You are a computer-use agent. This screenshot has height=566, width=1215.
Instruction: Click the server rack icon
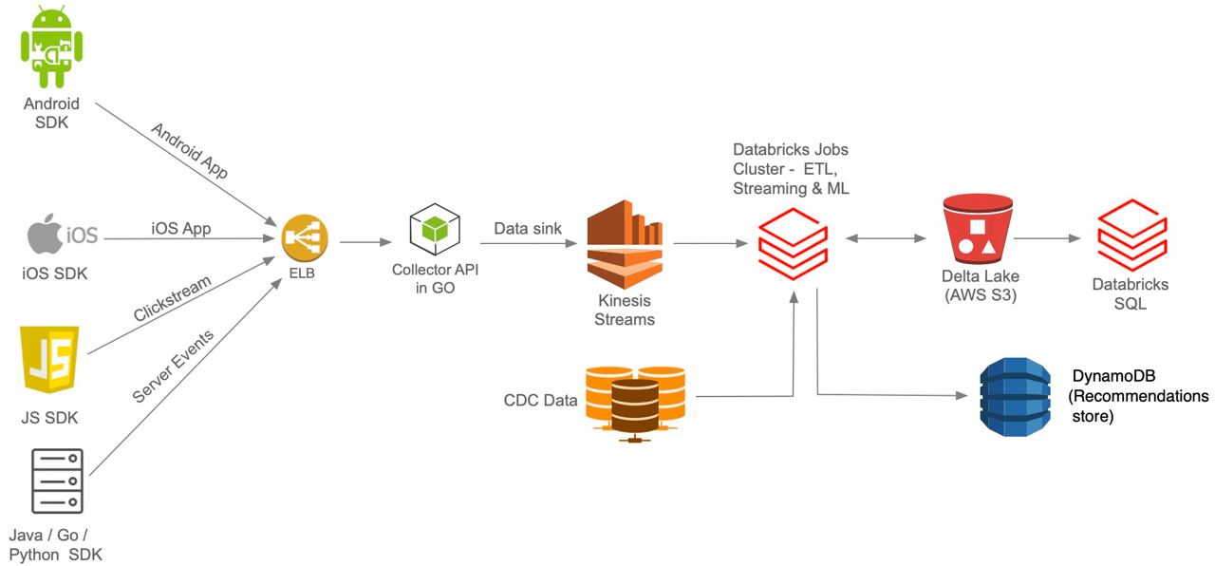click(x=58, y=481)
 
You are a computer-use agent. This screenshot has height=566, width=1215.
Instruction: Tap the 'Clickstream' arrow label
click(x=172, y=302)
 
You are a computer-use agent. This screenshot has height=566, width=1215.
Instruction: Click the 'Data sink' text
click(x=528, y=228)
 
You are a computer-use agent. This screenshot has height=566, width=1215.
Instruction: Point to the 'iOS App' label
click(x=181, y=228)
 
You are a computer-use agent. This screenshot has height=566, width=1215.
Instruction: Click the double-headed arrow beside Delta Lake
click(x=886, y=238)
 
